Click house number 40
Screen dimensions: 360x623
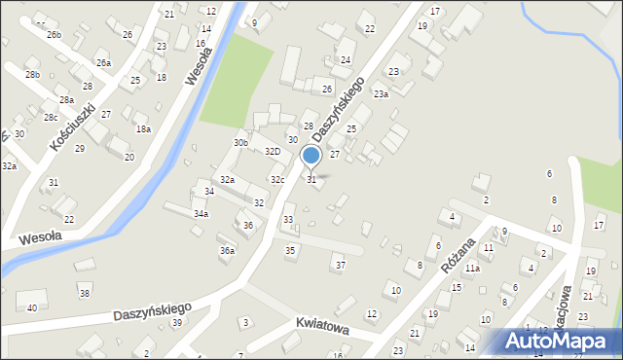pyautogui.click(x=32, y=307)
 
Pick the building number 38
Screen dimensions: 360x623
pyautogui.click(x=85, y=293)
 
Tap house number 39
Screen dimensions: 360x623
pyautogui.click(x=176, y=322)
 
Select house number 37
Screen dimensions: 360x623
pyautogui.click(x=339, y=265)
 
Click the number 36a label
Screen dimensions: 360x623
pyautogui.click(x=227, y=250)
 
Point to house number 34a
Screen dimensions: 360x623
pyautogui.click(x=201, y=213)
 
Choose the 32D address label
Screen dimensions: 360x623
pyautogui.click(x=273, y=152)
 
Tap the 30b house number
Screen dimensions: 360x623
pyautogui.click(x=240, y=143)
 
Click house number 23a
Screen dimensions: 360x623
pyautogui.click(x=381, y=94)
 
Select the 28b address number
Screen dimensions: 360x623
pyautogui.click(x=32, y=75)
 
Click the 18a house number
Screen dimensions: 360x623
pyautogui.click(x=143, y=128)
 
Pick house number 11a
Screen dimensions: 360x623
pyautogui.click(x=471, y=268)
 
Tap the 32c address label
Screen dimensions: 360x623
pyautogui.click(x=277, y=180)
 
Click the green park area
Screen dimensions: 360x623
pyautogui.click(x=237, y=83)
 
